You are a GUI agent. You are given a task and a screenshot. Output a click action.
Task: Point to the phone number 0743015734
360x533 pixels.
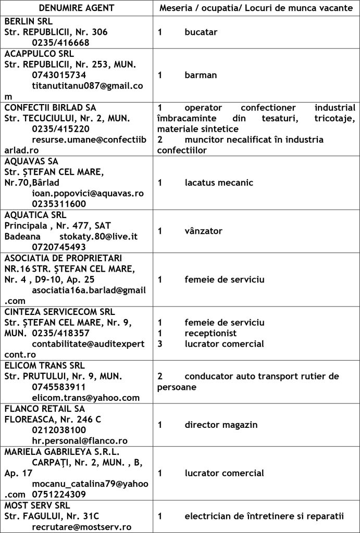[58, 75]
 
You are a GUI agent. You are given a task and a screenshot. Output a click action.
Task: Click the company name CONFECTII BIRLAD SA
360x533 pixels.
[50, 107]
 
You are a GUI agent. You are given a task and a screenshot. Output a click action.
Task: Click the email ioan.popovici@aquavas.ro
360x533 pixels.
[88, 193]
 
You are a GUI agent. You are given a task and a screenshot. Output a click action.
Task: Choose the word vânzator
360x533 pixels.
[203, 231]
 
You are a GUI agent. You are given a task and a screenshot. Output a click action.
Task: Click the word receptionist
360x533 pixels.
[210, 333]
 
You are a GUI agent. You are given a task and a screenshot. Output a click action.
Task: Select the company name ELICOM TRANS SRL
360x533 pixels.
[44, 365]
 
